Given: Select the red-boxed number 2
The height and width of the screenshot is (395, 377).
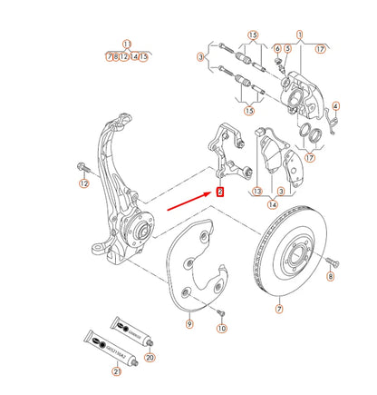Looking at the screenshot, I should click(219, 191).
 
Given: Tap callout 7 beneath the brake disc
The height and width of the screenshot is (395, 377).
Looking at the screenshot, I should click(279, 310).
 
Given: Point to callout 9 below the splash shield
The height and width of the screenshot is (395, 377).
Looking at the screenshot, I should click(188, 323).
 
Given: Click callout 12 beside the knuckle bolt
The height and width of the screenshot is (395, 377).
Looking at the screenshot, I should click(83, 183).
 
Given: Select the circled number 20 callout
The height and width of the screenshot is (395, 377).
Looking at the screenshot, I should click(150, 358).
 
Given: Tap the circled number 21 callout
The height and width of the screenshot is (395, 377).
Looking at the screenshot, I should click(117, 372).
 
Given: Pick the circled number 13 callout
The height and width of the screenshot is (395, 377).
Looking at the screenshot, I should click(257, 192).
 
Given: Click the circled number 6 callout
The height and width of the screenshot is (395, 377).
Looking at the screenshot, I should click(276, 48).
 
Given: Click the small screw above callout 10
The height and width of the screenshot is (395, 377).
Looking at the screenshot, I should click(218, 311).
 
